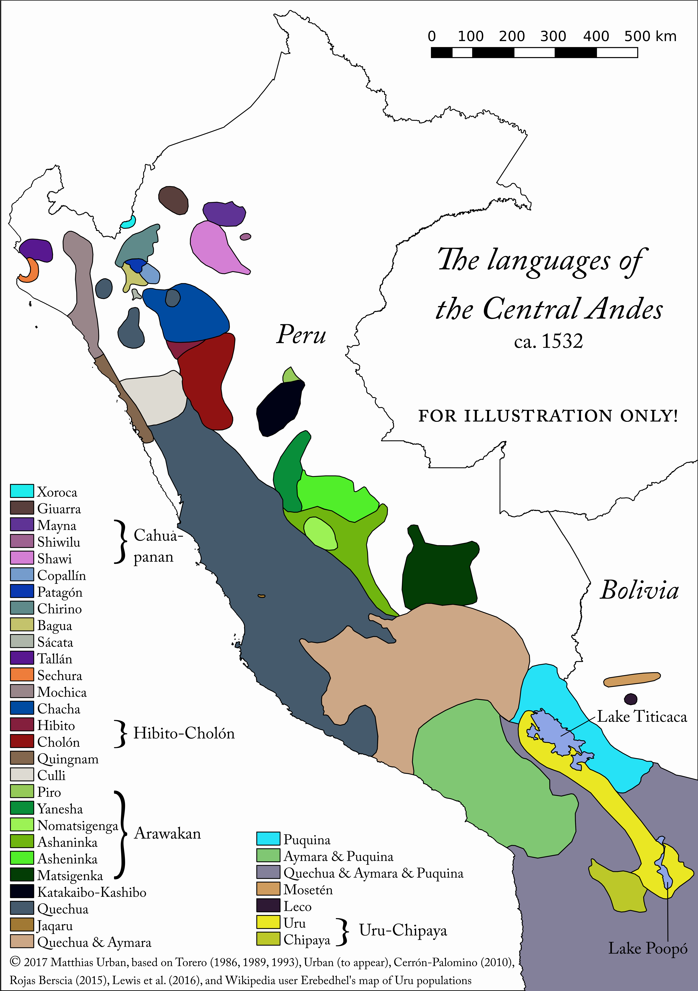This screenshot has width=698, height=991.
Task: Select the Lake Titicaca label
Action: click(x=642, y=717)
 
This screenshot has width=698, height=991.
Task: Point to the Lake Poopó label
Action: click(x=648, y=949)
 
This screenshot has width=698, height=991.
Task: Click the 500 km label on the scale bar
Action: click(x=650, y=36)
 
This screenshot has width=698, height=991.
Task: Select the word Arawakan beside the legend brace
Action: click(x=167, y=834)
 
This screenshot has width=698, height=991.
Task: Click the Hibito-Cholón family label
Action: click(x=184, y=733)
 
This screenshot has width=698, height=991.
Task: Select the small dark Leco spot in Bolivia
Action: click(x=631, y=699)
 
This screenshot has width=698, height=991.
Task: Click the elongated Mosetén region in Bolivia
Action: click(x=632, y=679)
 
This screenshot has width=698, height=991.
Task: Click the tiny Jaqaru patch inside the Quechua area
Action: click(x=261, y=596)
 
